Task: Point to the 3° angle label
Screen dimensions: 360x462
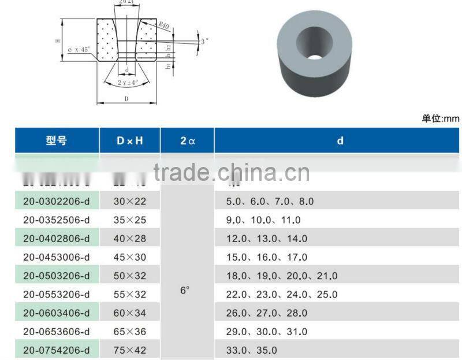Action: pos(204,42)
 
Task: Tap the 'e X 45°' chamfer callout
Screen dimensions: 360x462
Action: pos(79,50)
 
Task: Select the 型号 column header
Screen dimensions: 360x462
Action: pos(57,140)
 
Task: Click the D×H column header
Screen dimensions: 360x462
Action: pos(129,140)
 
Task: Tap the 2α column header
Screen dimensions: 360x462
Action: pos(187,140)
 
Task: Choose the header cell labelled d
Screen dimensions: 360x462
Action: pos(340,140)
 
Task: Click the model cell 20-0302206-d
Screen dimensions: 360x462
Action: pos(57,202)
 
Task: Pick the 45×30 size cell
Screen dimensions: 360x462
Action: pos(129,257)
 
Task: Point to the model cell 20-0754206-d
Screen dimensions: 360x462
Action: pos(57,350)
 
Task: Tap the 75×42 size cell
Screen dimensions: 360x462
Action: pos(129,350)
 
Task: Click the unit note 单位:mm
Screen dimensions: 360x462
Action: pos(441,118)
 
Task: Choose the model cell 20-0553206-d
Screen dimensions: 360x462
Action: pos(57,294)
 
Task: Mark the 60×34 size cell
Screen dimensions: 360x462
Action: pos(129,313)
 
